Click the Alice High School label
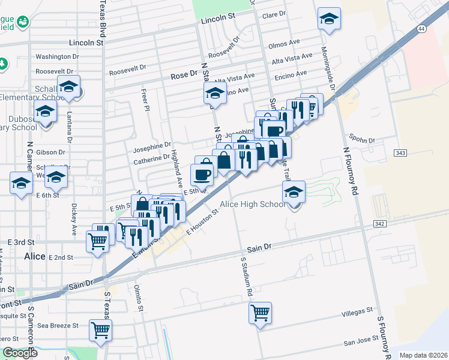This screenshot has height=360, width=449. [252, 205]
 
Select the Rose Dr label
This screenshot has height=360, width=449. [184, 76]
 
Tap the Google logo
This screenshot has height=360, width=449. [19, 353]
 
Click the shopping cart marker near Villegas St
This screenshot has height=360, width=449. [260, 313]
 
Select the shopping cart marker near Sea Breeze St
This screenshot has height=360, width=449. [100, 329]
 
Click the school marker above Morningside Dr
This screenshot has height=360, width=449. [329, 19]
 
